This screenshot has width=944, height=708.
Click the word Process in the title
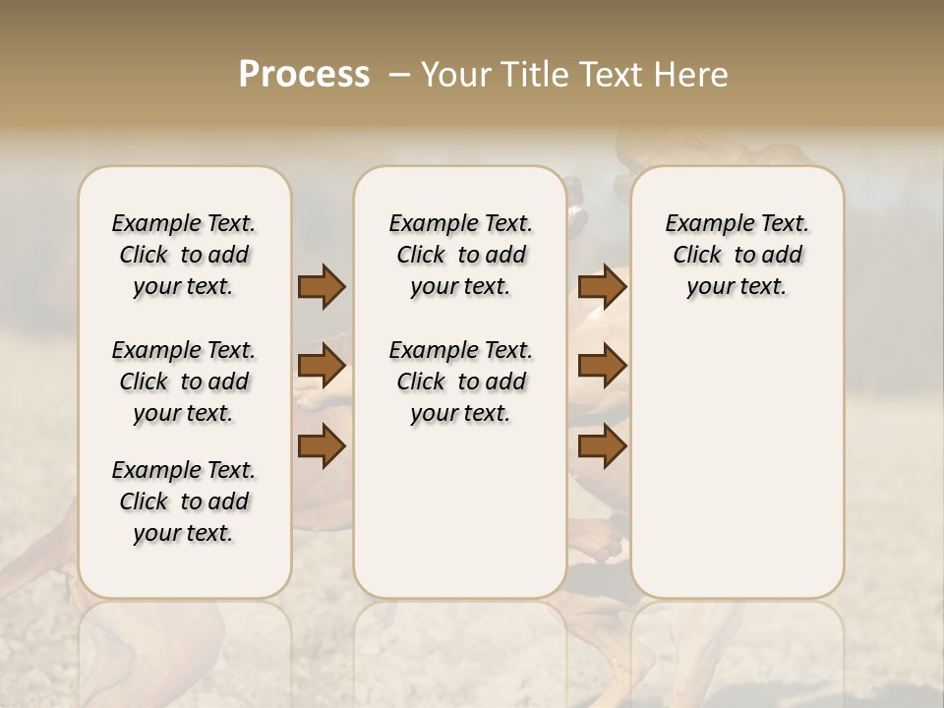(304, 75)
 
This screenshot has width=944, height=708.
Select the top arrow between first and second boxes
(322, 286)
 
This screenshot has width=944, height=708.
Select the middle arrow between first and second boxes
(322, 366)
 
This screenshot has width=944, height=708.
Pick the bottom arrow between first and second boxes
(322, 446)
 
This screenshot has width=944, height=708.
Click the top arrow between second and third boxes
(603, 286)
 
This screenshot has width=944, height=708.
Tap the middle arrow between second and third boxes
(603, 366)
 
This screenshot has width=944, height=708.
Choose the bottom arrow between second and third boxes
(603, 446)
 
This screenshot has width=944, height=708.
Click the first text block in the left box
(184, 255)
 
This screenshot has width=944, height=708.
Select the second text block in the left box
(184, 382)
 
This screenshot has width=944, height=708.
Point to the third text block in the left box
(184, 501)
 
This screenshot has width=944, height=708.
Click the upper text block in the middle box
(460, 255)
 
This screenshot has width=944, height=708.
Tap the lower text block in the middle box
(460, 382)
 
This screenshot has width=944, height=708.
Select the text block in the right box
(737, 255)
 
